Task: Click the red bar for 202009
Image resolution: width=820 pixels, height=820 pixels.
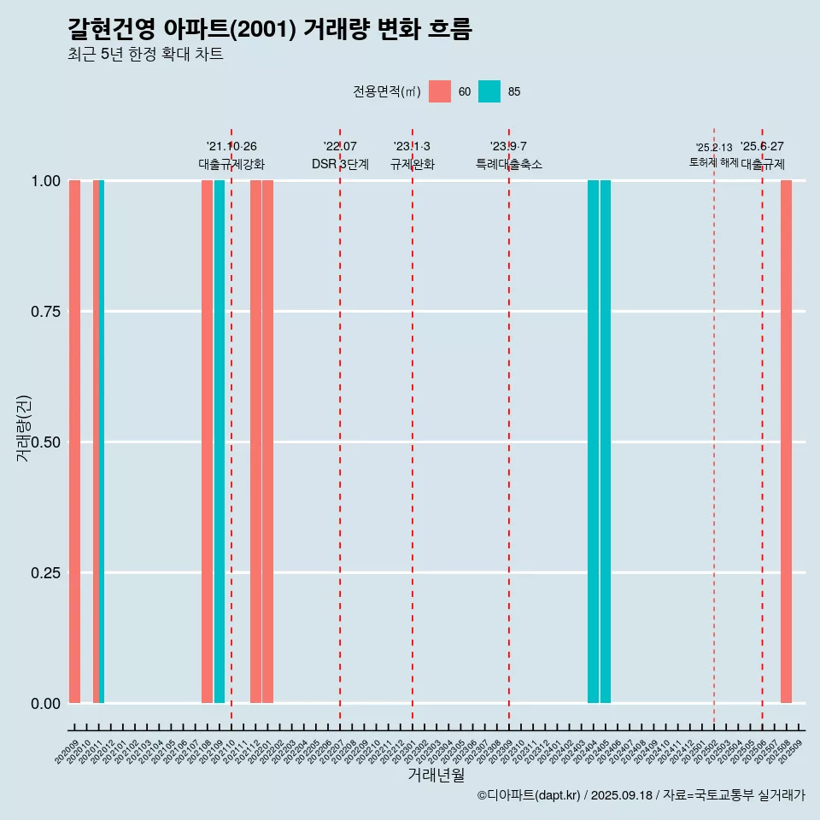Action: tap(74, 442)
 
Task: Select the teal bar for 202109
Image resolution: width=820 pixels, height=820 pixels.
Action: tap(220, 442)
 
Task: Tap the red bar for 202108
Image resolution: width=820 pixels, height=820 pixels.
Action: tap(207, 442)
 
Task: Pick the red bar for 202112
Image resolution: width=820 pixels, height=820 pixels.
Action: tap(255, 442)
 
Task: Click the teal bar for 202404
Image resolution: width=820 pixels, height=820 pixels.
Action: tap(593, 442)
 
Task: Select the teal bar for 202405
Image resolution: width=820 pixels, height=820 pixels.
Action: tap(606, 442)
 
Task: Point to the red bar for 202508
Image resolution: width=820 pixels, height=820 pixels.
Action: tap(786, 442)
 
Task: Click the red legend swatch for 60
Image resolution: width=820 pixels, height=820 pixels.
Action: tap(440, 91)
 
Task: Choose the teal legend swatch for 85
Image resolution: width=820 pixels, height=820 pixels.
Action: tap(489, 91)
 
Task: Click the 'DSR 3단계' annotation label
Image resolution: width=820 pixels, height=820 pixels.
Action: tap(340, 164)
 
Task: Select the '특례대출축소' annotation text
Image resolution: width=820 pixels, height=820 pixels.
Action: tap(509, 164)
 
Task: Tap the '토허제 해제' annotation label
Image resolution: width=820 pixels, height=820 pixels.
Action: tap(713, 162)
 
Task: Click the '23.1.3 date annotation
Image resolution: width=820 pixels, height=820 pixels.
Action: tap(412, 147)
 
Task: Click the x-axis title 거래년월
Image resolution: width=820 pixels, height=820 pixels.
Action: tap(436, 775)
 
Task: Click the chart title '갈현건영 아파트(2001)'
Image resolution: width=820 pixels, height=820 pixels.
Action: tap(269, 29)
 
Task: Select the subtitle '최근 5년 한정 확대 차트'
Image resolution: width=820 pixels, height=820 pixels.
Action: tap(145, 55)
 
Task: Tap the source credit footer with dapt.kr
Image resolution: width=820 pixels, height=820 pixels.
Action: tap(641, 795)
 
